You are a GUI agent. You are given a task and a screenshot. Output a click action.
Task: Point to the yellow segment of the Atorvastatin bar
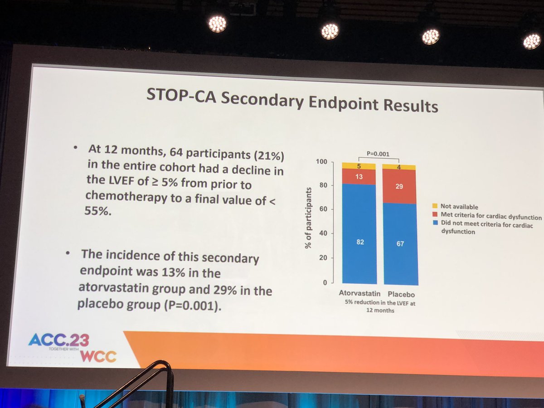tap(359, 166)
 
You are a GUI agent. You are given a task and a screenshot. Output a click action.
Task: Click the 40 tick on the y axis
tap(323, 233)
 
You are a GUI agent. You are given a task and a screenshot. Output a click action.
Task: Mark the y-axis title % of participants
tap(308, 218)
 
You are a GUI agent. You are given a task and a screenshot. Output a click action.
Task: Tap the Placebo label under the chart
tap(401, 294)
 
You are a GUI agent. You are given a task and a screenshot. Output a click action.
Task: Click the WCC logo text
tap(97, 356)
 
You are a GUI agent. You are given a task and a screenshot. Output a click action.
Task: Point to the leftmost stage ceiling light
tap(217, 23)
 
